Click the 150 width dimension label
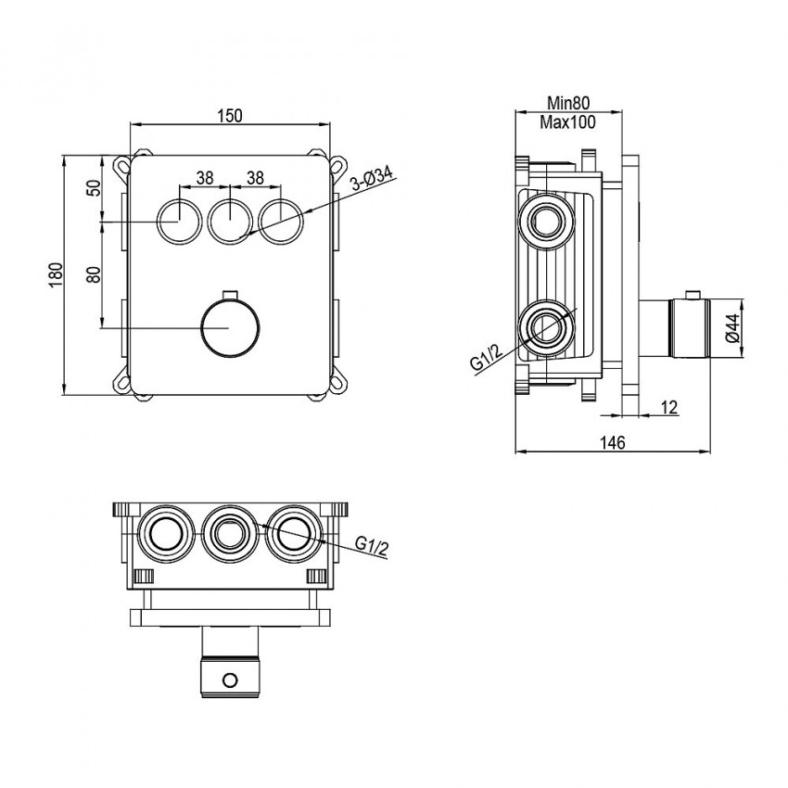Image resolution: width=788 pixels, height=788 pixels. tap(231, 115)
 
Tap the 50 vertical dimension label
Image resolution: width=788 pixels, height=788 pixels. tap(93, 189)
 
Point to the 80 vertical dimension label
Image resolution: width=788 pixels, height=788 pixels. tap(93, 275)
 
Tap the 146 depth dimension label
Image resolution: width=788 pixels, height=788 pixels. tap(612, 443)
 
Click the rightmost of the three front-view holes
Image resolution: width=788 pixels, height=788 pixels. tap(281, 221)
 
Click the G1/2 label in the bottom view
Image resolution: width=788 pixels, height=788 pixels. tap(371, 545)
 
